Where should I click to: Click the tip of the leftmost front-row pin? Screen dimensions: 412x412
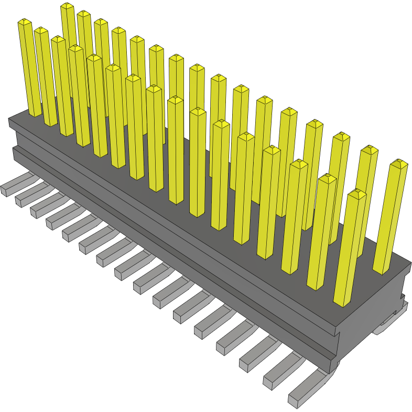(x=25, y=23)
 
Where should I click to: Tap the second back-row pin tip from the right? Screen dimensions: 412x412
(x=369, y=149)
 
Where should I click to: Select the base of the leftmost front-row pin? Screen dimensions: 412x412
(x=35, y=112)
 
